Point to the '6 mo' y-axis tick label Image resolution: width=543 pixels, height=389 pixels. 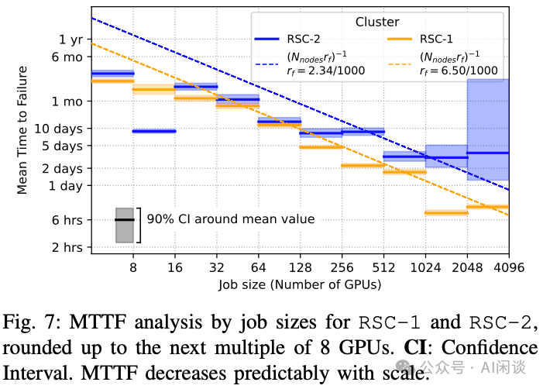coord(67,57)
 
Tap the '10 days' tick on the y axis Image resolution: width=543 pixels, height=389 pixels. coord(61,128)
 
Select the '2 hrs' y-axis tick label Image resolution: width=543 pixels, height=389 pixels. coord(67,247)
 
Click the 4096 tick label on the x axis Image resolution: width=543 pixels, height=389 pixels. coord(508,267)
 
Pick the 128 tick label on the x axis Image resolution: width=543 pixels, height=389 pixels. coord(300,267)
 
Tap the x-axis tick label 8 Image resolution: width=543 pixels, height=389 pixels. coord(133,267)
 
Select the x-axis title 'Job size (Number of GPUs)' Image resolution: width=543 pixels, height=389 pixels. coord(299,284)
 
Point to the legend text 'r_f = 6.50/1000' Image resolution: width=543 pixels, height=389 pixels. coord(458,71)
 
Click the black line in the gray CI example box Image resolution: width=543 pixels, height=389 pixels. coord(125,220)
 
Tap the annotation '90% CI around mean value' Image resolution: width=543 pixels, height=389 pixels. coord(231,219)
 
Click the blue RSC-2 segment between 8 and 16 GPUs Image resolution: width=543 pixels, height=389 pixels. coord(154,131)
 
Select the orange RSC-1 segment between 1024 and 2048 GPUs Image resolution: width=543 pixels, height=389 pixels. coord(446,212)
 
